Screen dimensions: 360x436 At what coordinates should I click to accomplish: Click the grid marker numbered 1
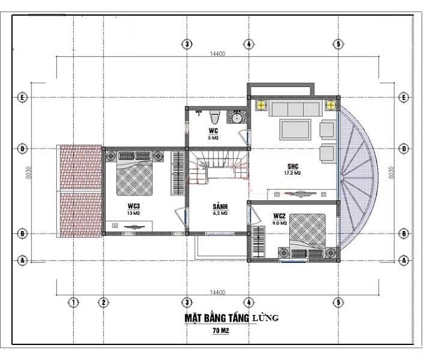click(73, 303)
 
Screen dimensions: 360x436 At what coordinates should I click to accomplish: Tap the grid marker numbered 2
click(103, 303)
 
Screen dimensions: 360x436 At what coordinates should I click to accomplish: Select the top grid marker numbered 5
click(338, 44)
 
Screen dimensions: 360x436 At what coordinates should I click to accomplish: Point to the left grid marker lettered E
click(22, 98)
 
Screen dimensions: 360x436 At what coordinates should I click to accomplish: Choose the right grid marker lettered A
click(404, 259)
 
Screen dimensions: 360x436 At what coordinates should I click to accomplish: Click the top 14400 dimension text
click(217, 54)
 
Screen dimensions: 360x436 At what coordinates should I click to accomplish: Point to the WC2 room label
click(279, 216)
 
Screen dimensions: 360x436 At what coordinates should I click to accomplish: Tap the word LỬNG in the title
click(266, 319)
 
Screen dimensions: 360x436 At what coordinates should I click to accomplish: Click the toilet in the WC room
click(214, 117)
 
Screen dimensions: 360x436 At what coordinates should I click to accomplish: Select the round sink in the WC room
click(237, 118)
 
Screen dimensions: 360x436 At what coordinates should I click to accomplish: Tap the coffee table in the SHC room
click(295, 130)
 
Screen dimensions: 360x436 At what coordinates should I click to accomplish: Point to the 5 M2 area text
click(214, 138)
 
